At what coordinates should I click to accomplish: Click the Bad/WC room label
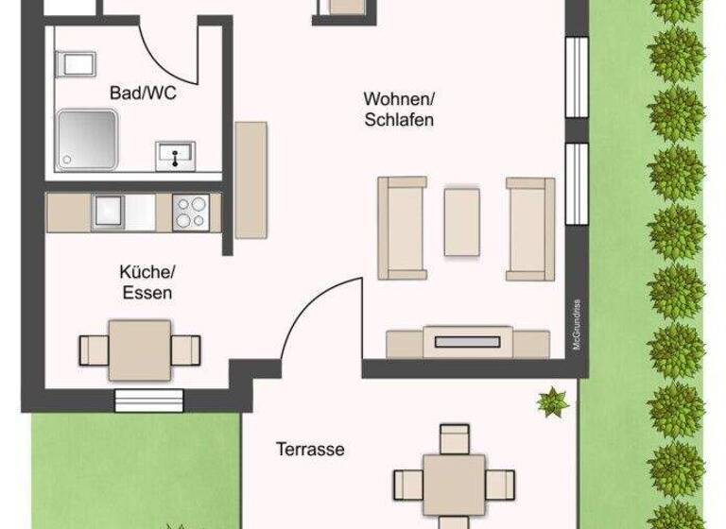coord(143,94)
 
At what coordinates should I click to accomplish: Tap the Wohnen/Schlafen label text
coord(398,109)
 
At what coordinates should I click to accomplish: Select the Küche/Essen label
coord(147,282)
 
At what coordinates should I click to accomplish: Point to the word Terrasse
coord(310,450)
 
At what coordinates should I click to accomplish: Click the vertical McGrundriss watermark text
coord(576,321)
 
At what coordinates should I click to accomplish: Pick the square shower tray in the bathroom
coord(87,140)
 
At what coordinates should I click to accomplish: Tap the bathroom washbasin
coord(175,153)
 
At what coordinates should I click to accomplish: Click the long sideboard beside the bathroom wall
coord(251,180)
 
